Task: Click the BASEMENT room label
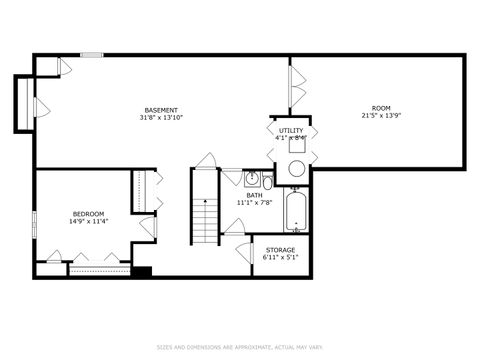click(x=161, y=109)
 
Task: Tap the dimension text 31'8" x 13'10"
click(x=161, y=117)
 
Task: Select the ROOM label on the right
click(x=381, y=108)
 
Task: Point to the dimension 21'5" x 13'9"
click(x=381, y=116)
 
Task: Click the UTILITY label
click(x=291, y=130)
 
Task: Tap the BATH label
click(x=255, y=195)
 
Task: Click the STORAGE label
click(x=280, y=250)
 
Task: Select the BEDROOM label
click(x=88, y=214)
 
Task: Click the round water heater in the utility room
click(x=296, y=169)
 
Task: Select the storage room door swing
click(x=242, y=251)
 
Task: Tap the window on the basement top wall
click(x=92, y=55)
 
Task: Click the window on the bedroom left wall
click(x=34, y=225)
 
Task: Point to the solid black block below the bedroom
click(x=141, y=271)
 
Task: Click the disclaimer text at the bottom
click(x=240, y=348)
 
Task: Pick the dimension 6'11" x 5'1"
click(x=280, y=258)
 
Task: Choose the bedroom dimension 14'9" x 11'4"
click(x=88, y=222)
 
